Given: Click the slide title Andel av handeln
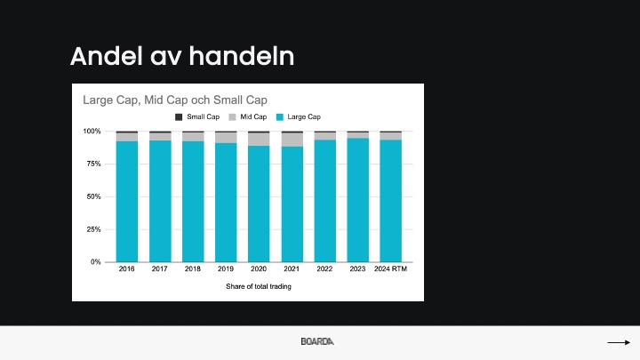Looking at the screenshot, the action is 182,56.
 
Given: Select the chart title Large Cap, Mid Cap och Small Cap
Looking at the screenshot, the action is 175,100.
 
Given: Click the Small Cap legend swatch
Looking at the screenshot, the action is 179,117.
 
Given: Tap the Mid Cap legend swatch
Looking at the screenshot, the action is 232,117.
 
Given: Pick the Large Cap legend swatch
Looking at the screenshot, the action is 280,117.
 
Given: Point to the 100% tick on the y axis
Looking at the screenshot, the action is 92,131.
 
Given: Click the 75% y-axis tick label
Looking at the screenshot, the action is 93,164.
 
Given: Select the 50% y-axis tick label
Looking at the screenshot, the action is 93,196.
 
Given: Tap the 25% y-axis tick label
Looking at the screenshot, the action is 93,229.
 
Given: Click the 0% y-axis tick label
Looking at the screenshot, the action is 95,262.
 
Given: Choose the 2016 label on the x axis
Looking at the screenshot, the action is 126,269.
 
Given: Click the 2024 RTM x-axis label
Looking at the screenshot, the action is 390,269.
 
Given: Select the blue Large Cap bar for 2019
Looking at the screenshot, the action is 226,203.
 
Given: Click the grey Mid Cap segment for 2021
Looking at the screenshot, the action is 292,140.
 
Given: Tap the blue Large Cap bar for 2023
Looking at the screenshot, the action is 357,200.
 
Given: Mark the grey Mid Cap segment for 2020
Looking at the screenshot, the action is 259,140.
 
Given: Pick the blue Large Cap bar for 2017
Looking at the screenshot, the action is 160,201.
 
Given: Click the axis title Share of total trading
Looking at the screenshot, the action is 259,286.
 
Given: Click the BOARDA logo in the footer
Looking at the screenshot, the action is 317,341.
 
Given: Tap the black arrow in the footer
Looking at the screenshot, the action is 619,342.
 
